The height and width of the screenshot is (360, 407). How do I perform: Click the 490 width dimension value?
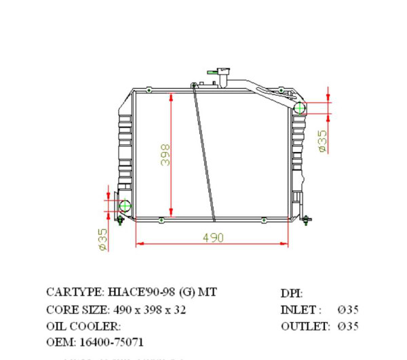tap(212, 238)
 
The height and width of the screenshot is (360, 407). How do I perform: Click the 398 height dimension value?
tap(165, 155)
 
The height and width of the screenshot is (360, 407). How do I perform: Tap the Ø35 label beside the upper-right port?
tap(323, 140)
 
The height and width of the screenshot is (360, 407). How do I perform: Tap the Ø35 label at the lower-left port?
tap(103, 239)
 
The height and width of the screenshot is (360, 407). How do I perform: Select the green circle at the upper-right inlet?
tap(299, 108)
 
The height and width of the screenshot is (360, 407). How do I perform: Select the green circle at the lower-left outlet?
tap(125, 205)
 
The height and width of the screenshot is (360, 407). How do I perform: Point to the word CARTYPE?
tap(75, 293)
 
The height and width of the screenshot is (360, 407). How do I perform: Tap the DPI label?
tap(292, 294)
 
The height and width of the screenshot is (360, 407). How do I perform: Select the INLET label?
tap(301, 310)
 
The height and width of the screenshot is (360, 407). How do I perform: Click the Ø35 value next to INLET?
tap(349, 310)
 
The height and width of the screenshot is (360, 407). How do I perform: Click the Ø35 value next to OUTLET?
tap(349, 326)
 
